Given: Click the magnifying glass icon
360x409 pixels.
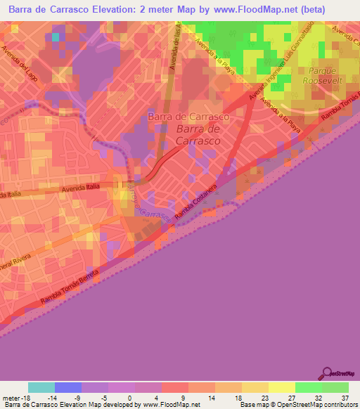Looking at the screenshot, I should pos(327,374).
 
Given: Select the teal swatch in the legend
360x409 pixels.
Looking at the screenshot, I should pos(41,387).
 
